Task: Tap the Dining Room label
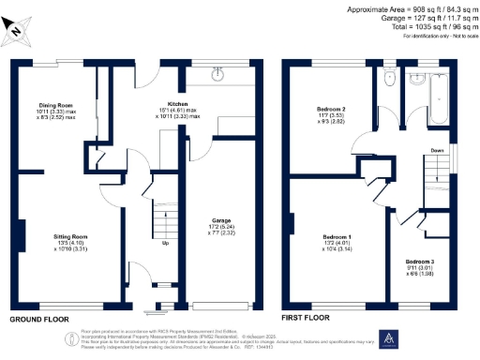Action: pyautogui.click(x=55, y=105)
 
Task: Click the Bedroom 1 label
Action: pyautogui.click(x=337, y=235)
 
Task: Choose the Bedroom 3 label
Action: pyautogui.click(x=420, y=261)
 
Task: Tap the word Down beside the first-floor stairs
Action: pyautogui.click(x=437, y=150)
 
